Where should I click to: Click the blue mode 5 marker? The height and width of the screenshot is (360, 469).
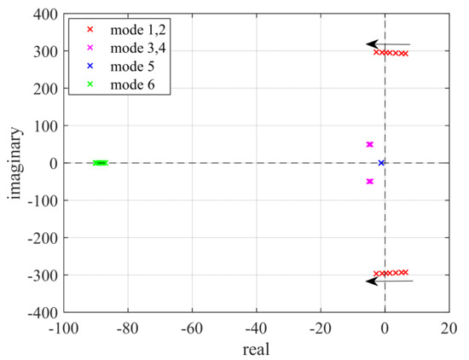pyautogui.click(x=381, y=162)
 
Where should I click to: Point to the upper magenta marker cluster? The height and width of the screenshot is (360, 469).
pyautogui.click(x=369, y=144)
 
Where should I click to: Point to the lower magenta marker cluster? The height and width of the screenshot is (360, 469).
pyautogui.click(x=369, y=181)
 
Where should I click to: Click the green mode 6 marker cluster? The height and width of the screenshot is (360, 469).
pyautogui.click(x=100, y=162)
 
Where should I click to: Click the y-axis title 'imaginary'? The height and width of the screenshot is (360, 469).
pyautogui.click(x=16, y=164)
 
